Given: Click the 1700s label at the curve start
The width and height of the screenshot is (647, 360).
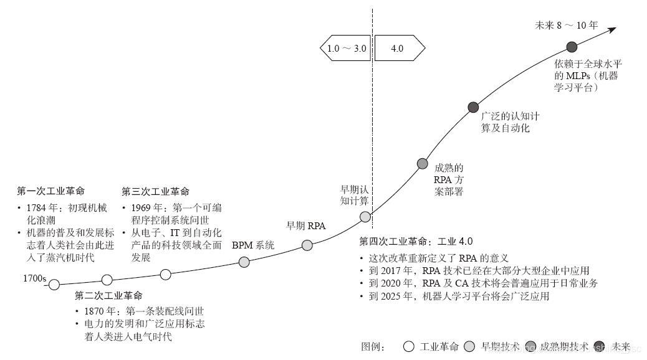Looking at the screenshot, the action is (36, 278).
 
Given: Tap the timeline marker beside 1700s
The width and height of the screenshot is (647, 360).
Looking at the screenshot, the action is (54, 285).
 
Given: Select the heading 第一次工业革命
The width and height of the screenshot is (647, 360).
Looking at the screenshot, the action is (50, 191).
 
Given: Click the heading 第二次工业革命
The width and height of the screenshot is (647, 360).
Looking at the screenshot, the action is (108, 295).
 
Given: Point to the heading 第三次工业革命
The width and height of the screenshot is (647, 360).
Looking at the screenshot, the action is (155, 191).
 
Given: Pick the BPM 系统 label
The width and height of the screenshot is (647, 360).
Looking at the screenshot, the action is (253, 245).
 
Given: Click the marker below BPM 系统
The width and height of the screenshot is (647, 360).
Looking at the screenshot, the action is (244, 262).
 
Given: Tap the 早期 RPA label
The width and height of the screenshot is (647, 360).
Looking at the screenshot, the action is (305, 225).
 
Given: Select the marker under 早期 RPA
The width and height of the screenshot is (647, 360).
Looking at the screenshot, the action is (307, 245).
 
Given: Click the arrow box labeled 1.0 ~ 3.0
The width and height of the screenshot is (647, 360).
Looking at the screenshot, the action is (346, 48).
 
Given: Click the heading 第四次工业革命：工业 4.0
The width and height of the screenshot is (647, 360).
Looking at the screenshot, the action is (416, 242).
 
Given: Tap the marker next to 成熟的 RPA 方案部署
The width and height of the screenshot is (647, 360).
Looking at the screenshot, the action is (422, 164).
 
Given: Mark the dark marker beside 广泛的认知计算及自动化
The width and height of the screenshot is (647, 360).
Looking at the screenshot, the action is (473, 107).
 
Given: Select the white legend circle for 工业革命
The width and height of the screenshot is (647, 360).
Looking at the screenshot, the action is (409, 346).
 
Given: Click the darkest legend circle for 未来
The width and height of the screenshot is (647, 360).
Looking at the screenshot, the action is (601, 346).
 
